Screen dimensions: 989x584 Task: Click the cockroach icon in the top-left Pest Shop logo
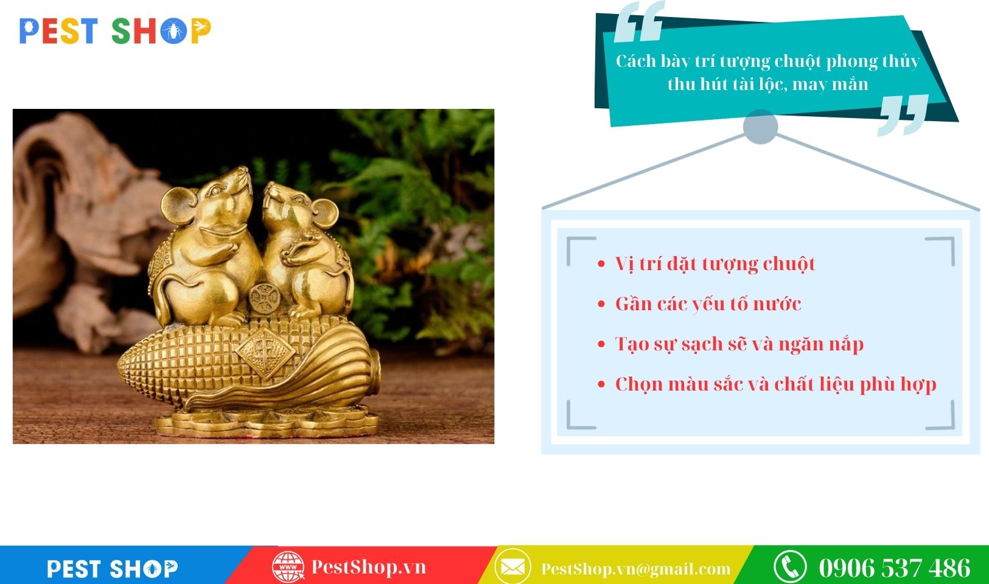[x=173, y=32]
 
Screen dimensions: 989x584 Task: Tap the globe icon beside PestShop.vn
[x=288, y=567]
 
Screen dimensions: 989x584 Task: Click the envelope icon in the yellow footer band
[x=512, y=567]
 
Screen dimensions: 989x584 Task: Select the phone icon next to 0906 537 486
[x=791, y=567]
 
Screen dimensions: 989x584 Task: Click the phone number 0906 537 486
[x=895, y=568]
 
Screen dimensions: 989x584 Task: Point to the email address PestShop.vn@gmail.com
[x=636, y=569]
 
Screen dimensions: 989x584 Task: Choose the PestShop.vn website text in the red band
[x=369, y=567]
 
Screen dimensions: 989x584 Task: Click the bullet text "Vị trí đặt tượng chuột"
[x=715, y=264]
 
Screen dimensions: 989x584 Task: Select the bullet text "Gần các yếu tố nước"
[x=708, y=304]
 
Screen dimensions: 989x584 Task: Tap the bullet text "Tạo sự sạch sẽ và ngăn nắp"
[x=739, y=344]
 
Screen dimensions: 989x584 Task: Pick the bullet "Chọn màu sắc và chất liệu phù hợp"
[x=776, y=384]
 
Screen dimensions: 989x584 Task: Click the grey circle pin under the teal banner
[x=760, y=127]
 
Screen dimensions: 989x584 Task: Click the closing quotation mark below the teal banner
[x=903, y=114]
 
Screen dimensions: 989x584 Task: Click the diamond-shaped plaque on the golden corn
[x=265, y=353]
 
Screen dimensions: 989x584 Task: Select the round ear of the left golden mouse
[x=179, y=206]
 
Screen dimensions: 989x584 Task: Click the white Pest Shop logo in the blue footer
[x=113, y=569]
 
